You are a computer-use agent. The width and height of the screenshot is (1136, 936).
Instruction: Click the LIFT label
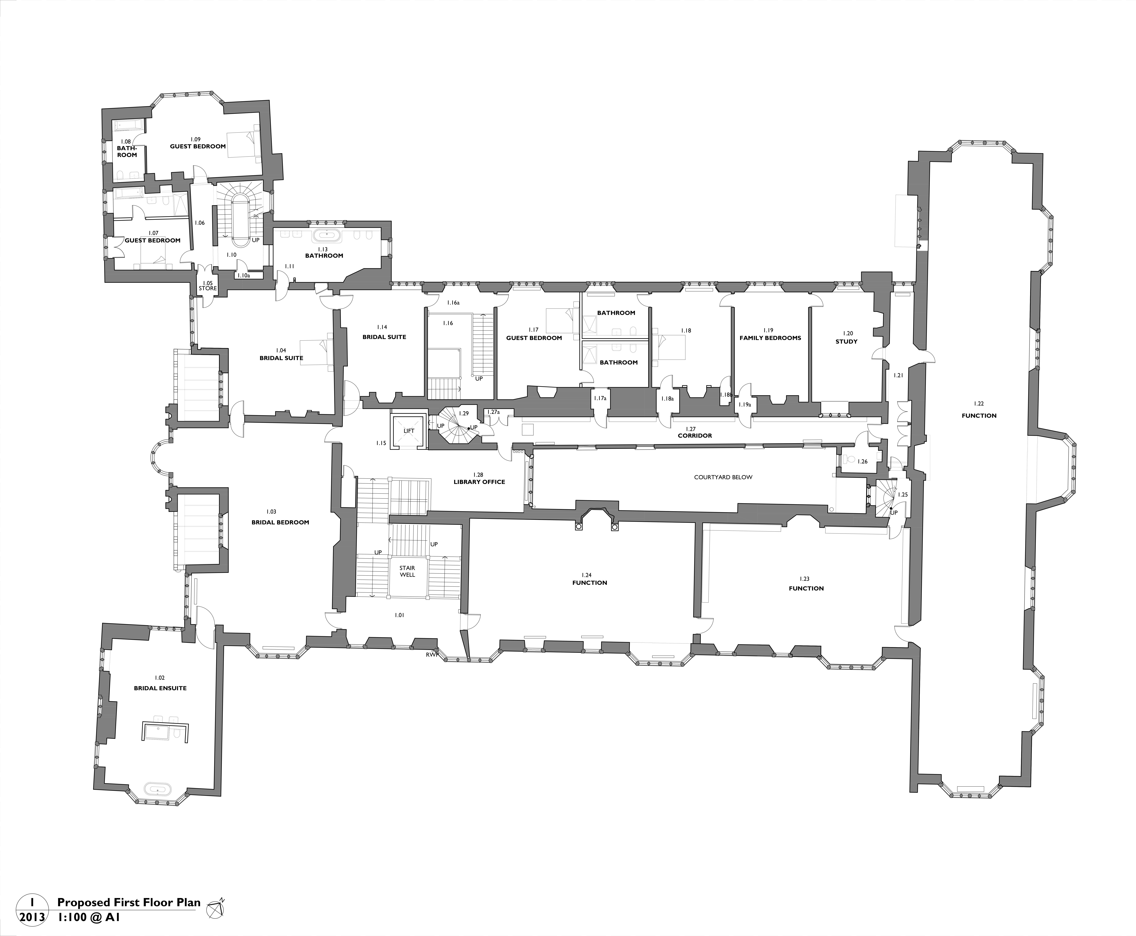409,431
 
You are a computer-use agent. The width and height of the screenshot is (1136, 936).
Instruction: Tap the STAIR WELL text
407,571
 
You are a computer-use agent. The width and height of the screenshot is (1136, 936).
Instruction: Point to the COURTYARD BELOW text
723,477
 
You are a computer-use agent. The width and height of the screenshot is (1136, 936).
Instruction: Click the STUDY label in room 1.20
846,341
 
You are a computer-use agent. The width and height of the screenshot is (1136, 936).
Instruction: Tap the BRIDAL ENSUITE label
160,688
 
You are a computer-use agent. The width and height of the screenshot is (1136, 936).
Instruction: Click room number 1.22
979,403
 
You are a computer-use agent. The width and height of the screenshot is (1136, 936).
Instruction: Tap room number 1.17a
600,398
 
